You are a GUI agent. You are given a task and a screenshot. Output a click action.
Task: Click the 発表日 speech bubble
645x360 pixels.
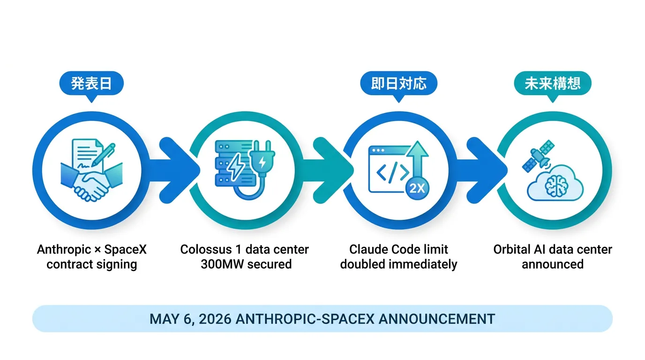click(91, 83)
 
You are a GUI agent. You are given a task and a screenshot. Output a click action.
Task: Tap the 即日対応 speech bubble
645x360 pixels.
click(398, 83)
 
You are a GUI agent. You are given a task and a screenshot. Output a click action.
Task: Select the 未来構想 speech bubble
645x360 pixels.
click(553, 83)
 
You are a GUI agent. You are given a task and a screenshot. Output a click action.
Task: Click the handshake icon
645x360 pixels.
click(91, 181)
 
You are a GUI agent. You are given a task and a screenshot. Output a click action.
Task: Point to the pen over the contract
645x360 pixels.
click(103, 155)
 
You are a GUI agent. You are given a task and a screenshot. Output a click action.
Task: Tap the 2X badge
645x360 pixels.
click(417, 188)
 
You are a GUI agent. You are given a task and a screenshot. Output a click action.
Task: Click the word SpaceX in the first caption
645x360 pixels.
click(125, 249)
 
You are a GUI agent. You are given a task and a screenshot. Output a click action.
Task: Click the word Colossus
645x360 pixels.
click(206, 249)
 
